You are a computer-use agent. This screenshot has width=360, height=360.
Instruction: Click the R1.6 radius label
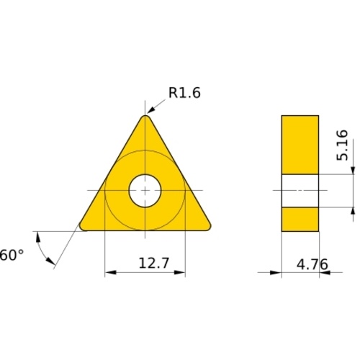[184, 93]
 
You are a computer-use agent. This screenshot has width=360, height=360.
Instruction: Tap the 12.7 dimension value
[154, 263]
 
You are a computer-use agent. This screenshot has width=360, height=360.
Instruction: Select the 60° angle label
[12, 255]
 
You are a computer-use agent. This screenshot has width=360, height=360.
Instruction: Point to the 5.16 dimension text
[342, 145]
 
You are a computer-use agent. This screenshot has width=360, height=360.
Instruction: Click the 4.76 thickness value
[312, 264]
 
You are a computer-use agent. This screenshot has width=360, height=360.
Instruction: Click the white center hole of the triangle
[145, 191]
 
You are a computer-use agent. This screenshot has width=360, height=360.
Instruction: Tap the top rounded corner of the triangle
[145, 117]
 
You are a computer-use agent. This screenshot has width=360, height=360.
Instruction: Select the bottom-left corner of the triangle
[82, 228]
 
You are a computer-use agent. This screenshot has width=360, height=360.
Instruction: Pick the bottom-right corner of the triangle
[208, 228]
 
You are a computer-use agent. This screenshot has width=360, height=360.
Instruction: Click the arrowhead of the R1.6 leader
[150, 109]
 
